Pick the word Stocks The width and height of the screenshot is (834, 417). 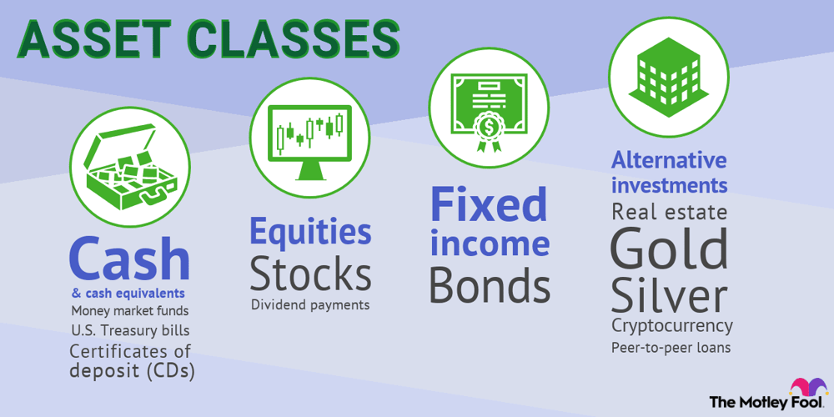[x=310, y=274]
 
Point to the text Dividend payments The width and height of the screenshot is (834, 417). [x=310, y=305]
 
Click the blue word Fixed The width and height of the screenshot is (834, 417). [x=489, y=205]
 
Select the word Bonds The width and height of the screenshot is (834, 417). [x=489, y=286]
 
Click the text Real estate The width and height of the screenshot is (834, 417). [x=669, y=211]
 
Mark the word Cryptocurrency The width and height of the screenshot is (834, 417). [x=671, y=325]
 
